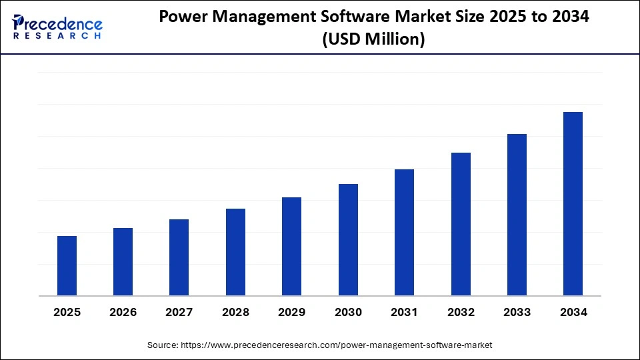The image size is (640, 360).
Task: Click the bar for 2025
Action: click(67, 265)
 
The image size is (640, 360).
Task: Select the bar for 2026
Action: click(123, 261)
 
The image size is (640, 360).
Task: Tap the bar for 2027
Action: click(179, 257)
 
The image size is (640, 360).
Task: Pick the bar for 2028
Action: click(235, 252)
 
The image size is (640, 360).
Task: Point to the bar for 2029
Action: click(291, 246)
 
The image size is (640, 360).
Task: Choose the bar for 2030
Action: click(348, 239)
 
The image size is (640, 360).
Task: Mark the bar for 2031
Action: click(404, 232)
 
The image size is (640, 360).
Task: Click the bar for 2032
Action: click(461, 224)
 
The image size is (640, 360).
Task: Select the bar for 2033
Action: click(517, 215)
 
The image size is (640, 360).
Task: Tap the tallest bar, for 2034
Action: click(573, 203)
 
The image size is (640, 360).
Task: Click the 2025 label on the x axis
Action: click(67, 312)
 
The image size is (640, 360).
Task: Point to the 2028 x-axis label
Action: click(235, 312)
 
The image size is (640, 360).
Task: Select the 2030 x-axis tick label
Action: click(348, 312)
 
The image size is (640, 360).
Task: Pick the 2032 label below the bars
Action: click(461, 312)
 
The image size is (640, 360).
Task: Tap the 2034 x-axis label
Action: click(573, 312)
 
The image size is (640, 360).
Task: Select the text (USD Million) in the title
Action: click(373, 40)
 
